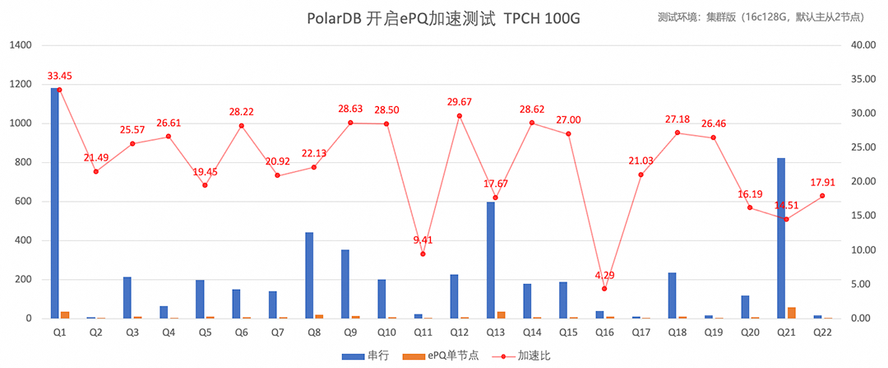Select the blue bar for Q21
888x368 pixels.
click(x=781, y=238)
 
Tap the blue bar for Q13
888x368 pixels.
click(x=491, y=260)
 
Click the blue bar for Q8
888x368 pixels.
click(x=309, y=275)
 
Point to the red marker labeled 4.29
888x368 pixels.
click(x=604, y=289)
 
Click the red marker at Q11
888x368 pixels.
click(x=423, y=254)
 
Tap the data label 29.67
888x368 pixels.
click(x=459, y=102)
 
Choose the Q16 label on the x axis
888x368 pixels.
click(x=604, y=332)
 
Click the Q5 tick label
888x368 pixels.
click(x=205, y=332)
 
